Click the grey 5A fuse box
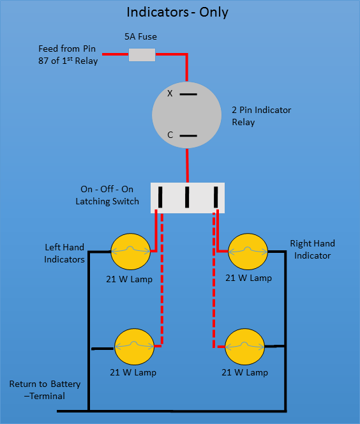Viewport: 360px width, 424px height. [142, 55]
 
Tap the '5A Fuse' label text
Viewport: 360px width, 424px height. [140, 36]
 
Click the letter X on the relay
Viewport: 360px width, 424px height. [170, 94]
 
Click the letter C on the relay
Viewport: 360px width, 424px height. [170, 135]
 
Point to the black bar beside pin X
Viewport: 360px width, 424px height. [188, 94]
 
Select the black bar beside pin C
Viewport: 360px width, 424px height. [188, 136]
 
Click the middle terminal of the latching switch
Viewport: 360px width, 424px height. [187, 197]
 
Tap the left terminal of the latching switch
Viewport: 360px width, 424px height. [160, 197]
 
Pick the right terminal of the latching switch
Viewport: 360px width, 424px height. [216, 197]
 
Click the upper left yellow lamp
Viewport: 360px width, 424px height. [131, 252]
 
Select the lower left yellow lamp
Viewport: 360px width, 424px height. [134, 347]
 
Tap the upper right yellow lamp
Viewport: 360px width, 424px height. [248, 252]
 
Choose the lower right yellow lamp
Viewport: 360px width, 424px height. [244, 347]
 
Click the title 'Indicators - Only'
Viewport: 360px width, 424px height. [177, 12]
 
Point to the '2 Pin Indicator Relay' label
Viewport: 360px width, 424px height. [261, 116]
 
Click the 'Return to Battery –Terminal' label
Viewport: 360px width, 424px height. [45, 390]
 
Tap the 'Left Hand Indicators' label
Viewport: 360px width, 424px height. [64, 254]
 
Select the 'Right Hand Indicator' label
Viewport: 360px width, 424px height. [312, 249]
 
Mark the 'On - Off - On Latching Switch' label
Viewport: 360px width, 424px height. [107, 195]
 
